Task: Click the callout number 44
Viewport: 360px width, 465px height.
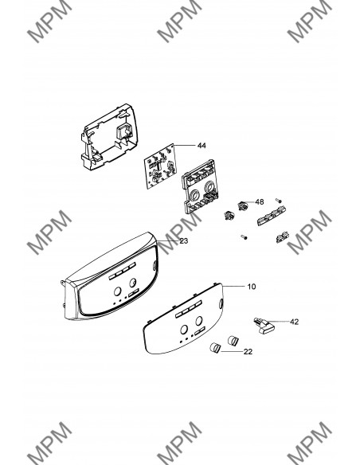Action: [x=202, y=145]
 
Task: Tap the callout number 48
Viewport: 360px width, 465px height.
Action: [x=259, y=201]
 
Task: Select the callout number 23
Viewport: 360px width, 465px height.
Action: [x=184, y=240]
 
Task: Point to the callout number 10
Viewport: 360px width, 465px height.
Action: [x=251, y=287]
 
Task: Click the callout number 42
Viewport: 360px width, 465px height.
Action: [x=294, y=322]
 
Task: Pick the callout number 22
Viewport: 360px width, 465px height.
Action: [x=248, y=352]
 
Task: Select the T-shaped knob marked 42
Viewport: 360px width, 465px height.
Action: [x=264, y=326]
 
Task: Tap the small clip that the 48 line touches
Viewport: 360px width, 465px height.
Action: [x=242, y=205]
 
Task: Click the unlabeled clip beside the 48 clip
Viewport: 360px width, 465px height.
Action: [x=229, y=215]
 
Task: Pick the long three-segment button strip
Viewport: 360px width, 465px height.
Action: [x=269, y=217]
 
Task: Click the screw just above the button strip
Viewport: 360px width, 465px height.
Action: [x=278, y=201]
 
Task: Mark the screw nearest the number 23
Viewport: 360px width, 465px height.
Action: [x=244, y=237]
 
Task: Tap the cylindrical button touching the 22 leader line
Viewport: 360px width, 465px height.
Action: [x=215, y=348]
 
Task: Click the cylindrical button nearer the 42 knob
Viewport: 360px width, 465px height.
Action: [x=233, y=341]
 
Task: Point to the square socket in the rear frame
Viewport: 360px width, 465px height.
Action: [x=124, y=131]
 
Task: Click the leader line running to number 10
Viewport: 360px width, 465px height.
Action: [x=233, y=287]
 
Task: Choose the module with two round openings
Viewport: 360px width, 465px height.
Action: [x=201, y=186]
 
